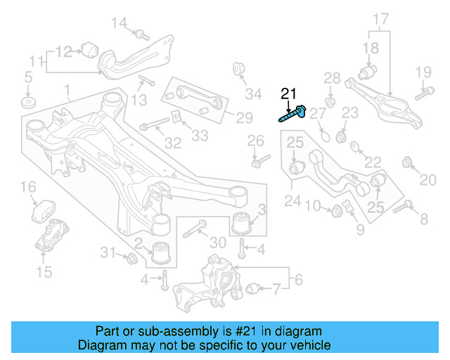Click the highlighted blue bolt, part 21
pos(292,113)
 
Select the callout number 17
pos(380,20)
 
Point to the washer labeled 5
pos(28,103)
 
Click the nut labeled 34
pos(238,70)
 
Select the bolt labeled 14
pos(141,33)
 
